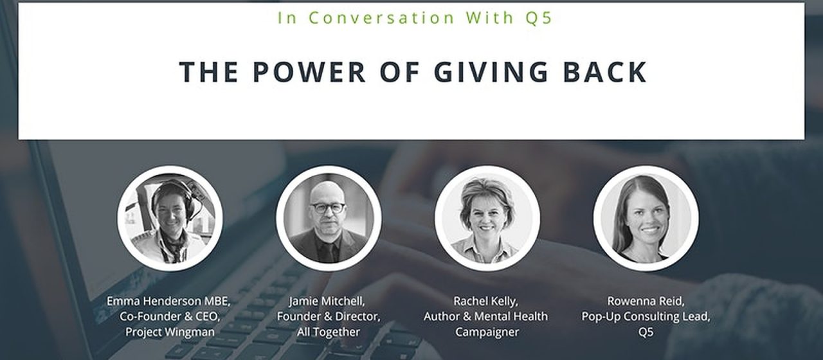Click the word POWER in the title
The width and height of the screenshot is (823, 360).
coord(309,71)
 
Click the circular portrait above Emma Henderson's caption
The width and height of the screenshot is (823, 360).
coord(170,218)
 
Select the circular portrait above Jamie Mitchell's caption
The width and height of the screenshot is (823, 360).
coord(329,218)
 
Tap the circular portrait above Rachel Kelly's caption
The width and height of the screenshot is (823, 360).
coord(487,218)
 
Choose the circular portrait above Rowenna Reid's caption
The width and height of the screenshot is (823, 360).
coord(646,218)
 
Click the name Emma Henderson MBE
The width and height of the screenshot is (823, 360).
coord(168,301)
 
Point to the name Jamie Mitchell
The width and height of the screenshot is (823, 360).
coord(326,301)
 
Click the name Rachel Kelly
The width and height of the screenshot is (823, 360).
coord(485,301)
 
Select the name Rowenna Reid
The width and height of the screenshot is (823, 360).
coord(645,301)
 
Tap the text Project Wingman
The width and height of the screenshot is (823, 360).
coord(170,332)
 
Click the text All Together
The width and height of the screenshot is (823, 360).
coord(329,332)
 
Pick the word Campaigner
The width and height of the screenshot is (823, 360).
coord(487,332)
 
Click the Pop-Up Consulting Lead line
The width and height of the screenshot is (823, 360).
coord(646,317)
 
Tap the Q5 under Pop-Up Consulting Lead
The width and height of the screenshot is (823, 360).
coord(646,332)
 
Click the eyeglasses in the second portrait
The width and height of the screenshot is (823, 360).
coord(328,208)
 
